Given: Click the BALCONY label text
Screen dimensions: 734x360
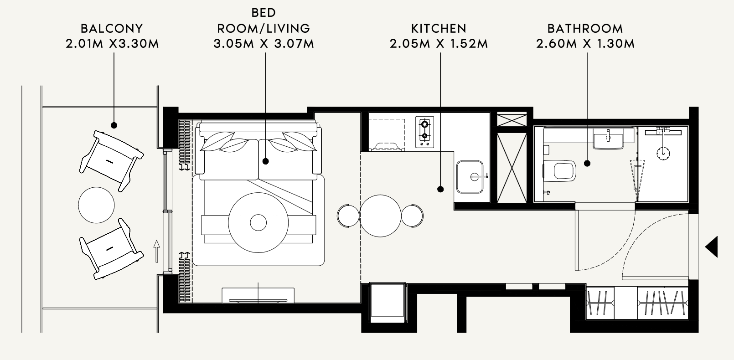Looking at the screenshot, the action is point(112,29).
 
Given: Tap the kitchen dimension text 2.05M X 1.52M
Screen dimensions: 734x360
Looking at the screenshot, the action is point(439,44).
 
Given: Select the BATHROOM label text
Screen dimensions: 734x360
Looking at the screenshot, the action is point(585,29).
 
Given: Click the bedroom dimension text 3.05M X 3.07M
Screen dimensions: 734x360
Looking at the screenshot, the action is point(264,44).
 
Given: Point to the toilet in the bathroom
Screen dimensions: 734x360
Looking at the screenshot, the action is point(560,170).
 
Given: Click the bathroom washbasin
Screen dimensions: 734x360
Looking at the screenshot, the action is point(608,139).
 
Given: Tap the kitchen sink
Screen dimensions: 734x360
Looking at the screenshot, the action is point(470,177).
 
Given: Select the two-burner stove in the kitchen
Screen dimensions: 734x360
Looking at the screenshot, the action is point(425,132).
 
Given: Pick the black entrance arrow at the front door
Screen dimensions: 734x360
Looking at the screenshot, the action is point(712,247).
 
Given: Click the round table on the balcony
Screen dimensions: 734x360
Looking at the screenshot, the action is point(96,205).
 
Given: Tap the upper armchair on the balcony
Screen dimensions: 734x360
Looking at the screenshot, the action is point(111,161).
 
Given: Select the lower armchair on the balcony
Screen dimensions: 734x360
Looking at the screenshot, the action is point(111,249).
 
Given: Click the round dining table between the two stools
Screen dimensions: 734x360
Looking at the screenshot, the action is point(380,216).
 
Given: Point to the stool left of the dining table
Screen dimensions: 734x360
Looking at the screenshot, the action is point(348,216).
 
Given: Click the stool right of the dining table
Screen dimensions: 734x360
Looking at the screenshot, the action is point(412,216).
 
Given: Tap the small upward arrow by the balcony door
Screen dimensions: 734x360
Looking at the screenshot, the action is point(157,251).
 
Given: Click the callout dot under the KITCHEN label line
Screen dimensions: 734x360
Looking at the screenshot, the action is point(440,189).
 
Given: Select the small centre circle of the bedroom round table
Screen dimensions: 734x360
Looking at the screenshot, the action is point(258,223).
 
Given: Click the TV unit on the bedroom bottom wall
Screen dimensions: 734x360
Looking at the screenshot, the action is point(258,295).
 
